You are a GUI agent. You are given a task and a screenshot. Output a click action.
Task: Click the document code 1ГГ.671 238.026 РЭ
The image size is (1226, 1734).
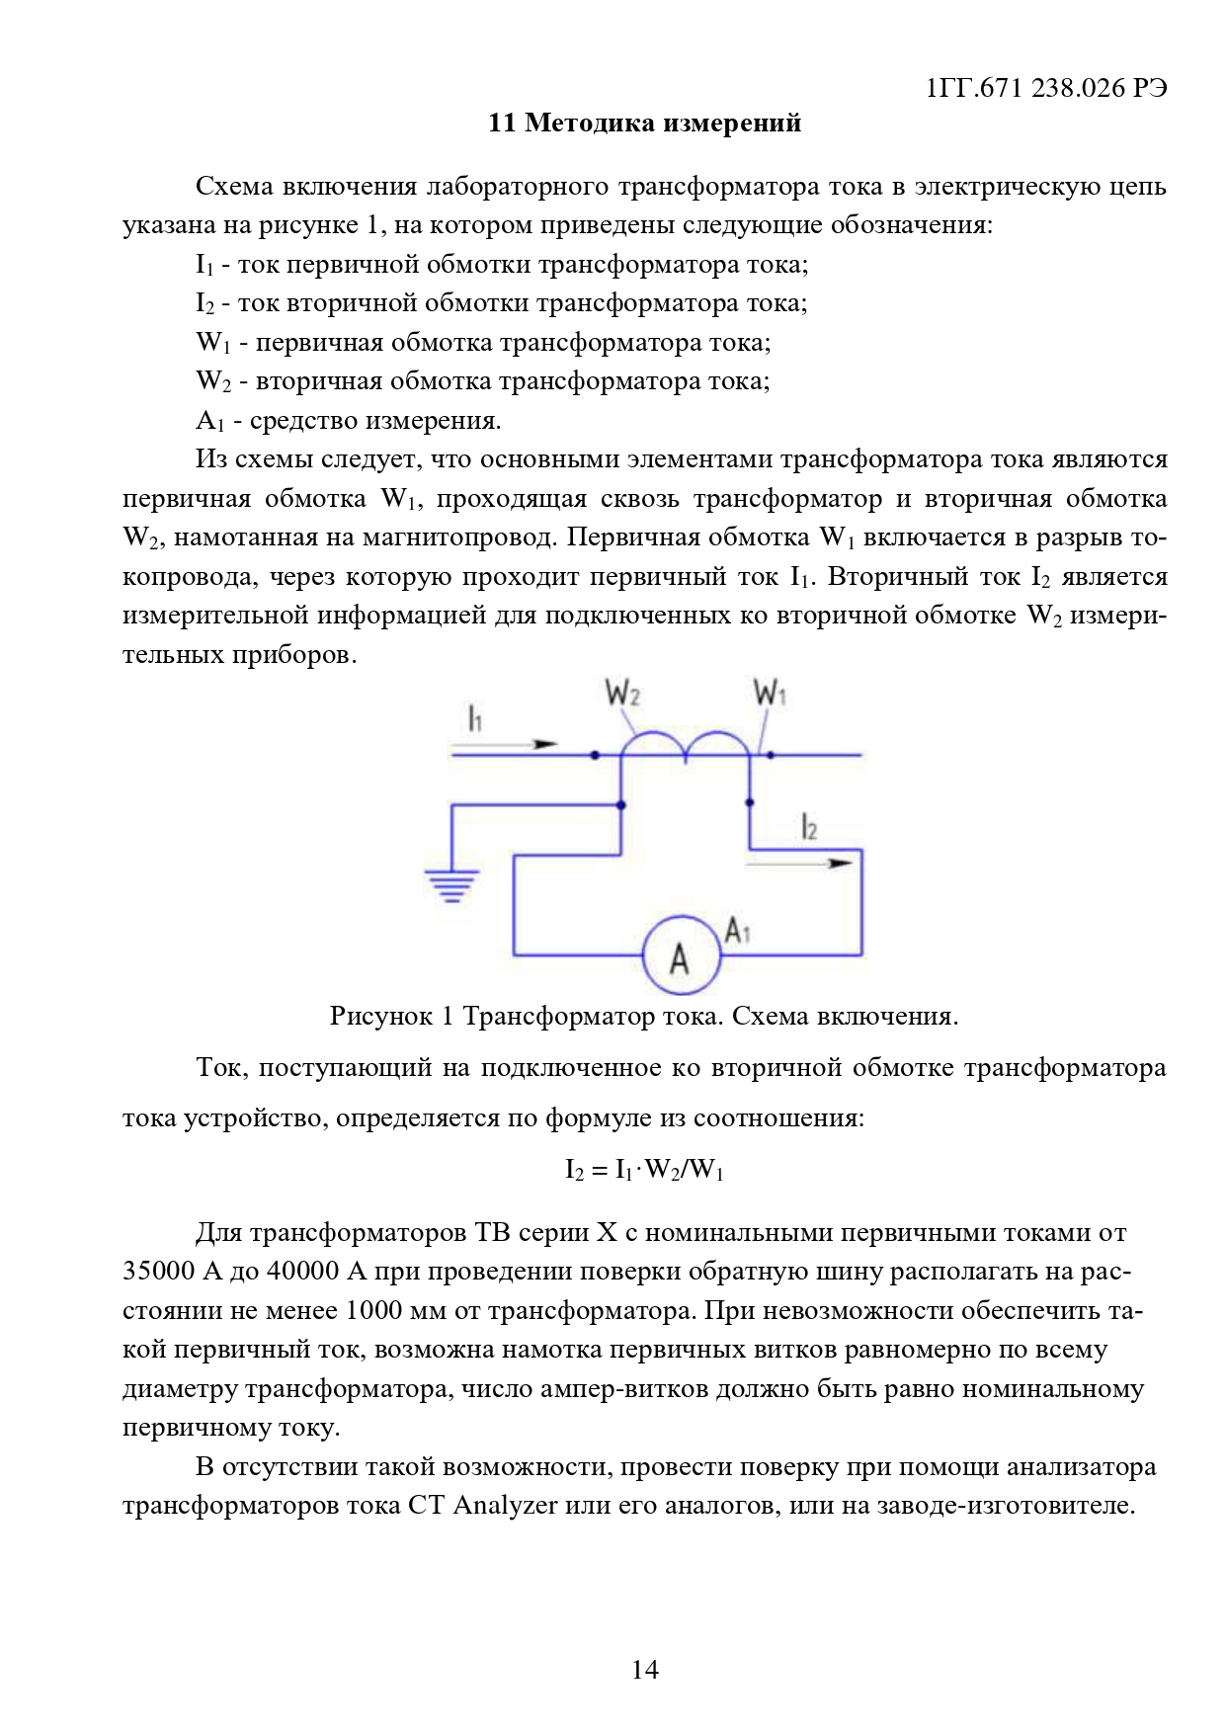(x=1046, y=88)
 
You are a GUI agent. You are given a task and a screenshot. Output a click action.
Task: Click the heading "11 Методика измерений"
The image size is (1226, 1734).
(x=644, y=124)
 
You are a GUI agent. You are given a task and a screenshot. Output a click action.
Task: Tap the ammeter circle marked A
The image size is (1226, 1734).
(x=680, y=955)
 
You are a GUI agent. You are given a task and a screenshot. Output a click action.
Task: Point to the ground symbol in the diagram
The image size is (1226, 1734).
(x=451, y=885)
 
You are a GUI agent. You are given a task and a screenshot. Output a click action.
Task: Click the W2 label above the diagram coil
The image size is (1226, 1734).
(x=622, y=694)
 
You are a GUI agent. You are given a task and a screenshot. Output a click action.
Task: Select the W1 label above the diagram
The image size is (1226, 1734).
(x=770, y=694)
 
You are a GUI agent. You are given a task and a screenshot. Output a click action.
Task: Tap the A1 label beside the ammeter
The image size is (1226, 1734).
(x=738, y=931)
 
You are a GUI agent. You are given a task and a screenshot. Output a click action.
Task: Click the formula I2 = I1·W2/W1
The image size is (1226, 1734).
(x=644, y=1170)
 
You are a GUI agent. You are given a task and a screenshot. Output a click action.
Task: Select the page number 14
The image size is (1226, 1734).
(x=644, y=1669)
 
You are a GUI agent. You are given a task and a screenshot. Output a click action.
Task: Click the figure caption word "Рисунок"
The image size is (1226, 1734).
(x=380, y=1017)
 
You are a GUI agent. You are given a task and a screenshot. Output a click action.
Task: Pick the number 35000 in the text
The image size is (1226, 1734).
(x=158, y=1272)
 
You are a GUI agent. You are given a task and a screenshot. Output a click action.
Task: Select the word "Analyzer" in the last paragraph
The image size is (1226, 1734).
(x=505, y=1506)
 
